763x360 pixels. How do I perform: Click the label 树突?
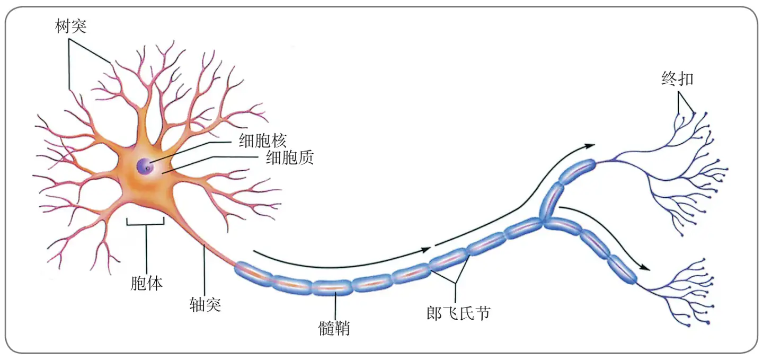(70, 25)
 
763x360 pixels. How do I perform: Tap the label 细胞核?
(263, 141)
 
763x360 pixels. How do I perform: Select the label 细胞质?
(289, 157)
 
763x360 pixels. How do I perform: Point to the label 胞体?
(146, 283)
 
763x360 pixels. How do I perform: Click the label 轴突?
(205, 304)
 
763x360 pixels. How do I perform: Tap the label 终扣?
(677, 79)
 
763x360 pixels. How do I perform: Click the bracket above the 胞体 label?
(146, 224)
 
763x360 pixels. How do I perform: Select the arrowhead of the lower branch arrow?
(644, 268)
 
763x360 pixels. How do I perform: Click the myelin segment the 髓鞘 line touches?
(332, 287)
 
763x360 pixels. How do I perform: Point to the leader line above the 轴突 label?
(204, 270)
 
